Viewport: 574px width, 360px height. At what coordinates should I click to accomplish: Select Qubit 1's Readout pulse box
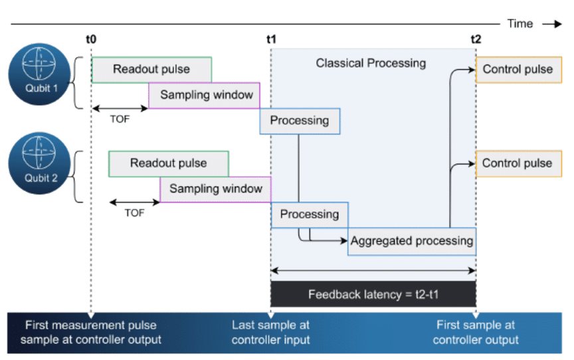point(151,69)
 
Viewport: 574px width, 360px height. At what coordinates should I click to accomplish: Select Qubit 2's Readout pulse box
point(168,163)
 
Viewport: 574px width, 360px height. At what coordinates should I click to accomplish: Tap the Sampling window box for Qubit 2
point(215,189)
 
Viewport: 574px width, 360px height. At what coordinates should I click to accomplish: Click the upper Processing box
point(299,121)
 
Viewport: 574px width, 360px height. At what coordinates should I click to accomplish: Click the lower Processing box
point(309,215)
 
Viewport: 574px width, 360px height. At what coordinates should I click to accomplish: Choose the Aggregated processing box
point(412,241)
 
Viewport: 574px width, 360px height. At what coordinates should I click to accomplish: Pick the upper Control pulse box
point(517,69)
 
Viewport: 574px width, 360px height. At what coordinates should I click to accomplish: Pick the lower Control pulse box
point(517,163)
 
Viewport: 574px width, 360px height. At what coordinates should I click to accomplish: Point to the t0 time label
point(91,39)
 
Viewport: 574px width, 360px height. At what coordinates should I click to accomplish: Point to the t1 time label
point(271,39)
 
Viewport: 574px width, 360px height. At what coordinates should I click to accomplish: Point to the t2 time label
point(476,39)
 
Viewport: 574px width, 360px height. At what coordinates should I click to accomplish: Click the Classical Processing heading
point(370,64)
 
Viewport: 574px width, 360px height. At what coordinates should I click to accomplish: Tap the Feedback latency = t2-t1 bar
point(373,294)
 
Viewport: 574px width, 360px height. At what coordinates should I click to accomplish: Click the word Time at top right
point(520,24)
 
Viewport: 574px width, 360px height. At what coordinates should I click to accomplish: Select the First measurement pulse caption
point(90,332)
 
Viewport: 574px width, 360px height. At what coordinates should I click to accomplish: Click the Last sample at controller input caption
point(270,332)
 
